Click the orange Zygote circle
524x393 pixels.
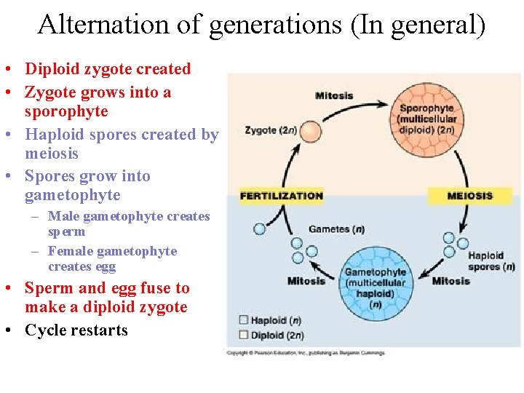click(311, 132)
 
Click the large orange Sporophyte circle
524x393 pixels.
click(427, 119)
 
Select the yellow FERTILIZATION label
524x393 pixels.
click(281, 196)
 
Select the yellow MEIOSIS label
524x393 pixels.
click(469, 196)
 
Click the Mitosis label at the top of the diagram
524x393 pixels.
click(334, 95)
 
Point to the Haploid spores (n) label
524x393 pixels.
click(491, 261)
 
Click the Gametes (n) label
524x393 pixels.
click(336, 229)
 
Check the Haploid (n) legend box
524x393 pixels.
click(243, 320)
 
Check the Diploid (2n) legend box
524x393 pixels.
click(243, 335)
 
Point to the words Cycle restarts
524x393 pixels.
click(76, 330)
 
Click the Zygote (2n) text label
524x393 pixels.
click(270, 130)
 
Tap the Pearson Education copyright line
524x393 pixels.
click(306, 353)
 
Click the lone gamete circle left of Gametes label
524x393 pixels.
click(259, 229)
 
